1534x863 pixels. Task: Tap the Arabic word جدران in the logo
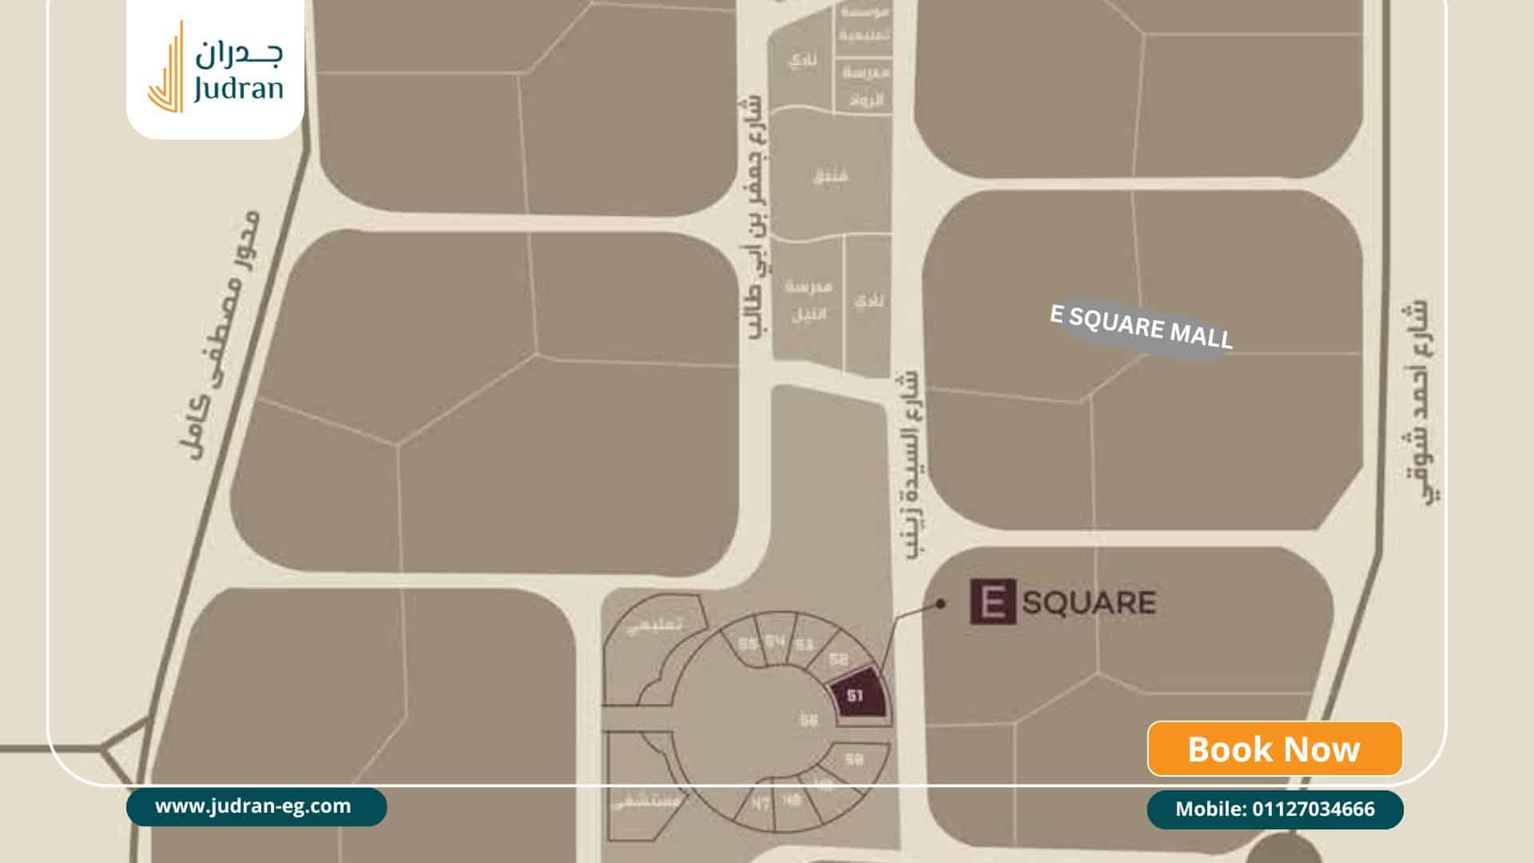[238, 54]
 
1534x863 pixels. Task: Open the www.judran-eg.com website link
[253, 806]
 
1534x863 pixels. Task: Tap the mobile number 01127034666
[1274, 809]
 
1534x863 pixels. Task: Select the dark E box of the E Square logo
[992, 602]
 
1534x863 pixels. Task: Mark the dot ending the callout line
[940, 604]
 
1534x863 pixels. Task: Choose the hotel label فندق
[831, 174]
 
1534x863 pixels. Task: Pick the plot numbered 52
[838, 660]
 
